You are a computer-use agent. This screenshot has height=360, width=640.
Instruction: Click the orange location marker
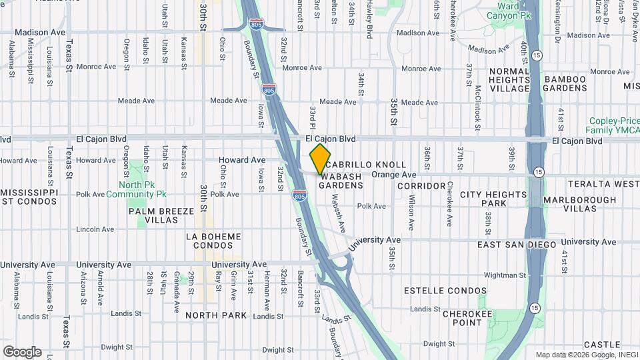(x=321, y=159)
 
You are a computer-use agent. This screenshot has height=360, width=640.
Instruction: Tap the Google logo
(x=22, y=351)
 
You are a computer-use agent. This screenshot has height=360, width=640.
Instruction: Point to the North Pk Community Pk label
(x=141, y=189)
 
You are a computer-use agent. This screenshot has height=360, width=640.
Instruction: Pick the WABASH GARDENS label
(x=340, y=180)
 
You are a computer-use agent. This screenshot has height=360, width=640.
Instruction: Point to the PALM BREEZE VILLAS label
(x=162, y=215)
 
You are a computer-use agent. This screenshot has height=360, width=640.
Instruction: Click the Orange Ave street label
(x=393, y=175)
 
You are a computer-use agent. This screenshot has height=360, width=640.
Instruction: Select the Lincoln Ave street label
(x=95, y=229)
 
